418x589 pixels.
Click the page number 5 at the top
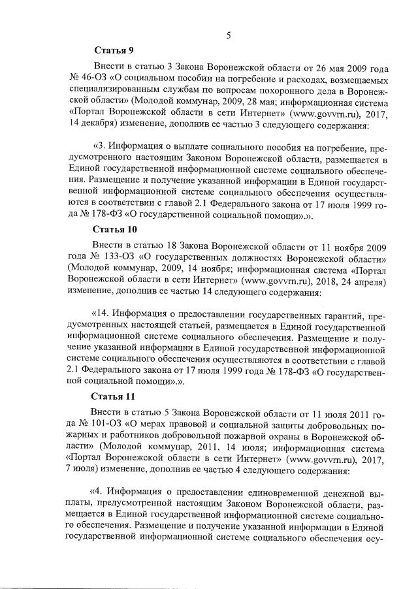coord(229,35)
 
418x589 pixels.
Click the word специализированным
coord(108,90)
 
